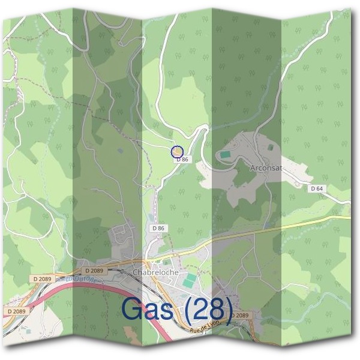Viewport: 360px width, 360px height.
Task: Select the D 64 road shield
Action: (317, 188)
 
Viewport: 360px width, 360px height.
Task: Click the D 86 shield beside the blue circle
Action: (182, 160)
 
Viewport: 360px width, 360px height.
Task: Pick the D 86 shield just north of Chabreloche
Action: (158, 228)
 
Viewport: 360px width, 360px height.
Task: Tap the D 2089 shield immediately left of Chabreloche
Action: (94, 271)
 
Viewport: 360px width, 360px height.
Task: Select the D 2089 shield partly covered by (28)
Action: (239, 315)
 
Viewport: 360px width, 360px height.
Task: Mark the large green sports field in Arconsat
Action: (224, 155)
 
